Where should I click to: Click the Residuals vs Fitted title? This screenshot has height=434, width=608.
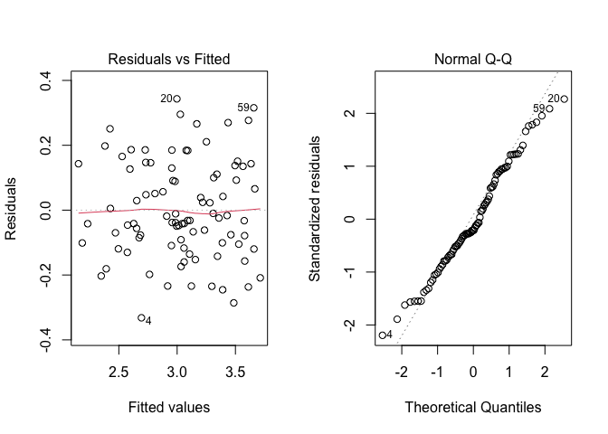click(169, 60)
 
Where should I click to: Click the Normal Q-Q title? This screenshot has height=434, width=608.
click(472, 60)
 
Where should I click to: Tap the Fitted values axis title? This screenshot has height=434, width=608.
click(169, 407)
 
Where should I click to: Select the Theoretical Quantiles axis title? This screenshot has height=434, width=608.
click(472, 407)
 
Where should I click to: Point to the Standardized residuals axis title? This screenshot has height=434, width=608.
click(315, 210)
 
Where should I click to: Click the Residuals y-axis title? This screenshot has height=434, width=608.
click(12, 210)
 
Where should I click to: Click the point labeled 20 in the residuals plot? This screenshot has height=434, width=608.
click(176, 99)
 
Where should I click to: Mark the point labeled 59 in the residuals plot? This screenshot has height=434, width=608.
click(254, 108)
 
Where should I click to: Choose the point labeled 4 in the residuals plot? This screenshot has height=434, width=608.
click(141, 317)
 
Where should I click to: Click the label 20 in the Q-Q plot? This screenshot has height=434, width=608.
click(553, 99)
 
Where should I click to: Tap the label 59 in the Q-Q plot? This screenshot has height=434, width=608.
click(539, 108)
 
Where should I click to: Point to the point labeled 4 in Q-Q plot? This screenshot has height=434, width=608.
click(382, 335)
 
